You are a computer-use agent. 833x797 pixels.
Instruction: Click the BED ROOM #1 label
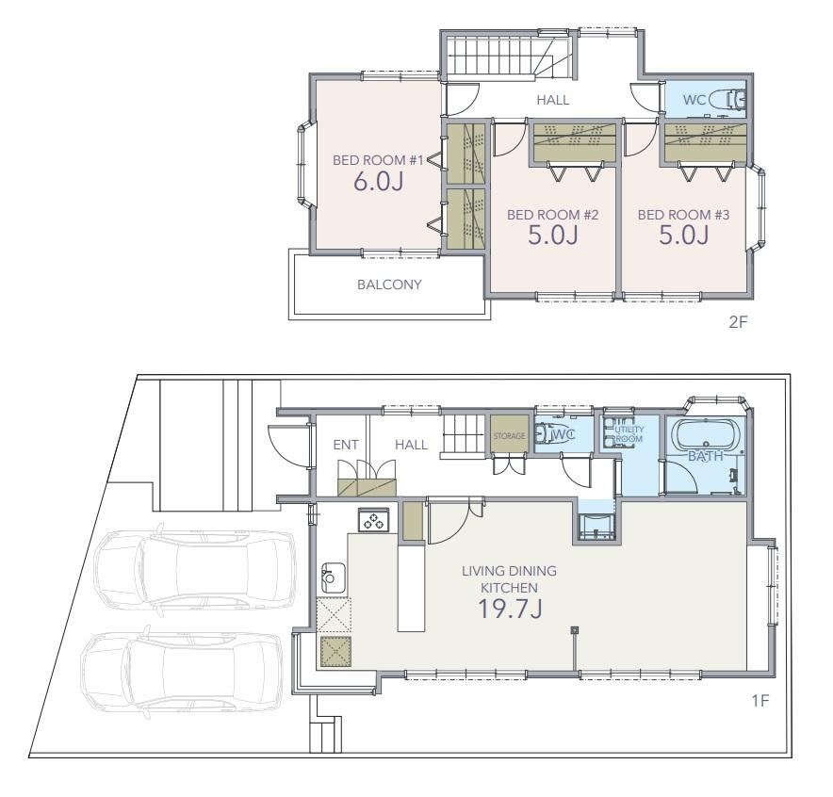pos(378,160)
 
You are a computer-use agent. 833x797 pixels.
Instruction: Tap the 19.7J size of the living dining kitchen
pos(510,609)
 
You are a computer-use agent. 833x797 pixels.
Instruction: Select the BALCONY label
pos(389,285)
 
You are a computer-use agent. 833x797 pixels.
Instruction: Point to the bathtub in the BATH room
pos(706,435)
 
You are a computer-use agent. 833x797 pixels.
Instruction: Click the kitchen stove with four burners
pos(373,520)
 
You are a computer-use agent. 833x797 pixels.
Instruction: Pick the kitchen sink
pos(333,577)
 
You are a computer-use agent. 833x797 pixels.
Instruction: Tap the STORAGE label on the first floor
pos(509,436)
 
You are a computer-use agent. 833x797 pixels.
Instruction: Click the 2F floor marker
pos(738,322)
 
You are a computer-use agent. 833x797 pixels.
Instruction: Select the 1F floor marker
pos(760,701)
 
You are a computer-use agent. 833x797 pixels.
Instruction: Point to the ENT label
pos(346,445)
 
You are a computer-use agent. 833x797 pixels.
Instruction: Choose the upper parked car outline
pos(194,571)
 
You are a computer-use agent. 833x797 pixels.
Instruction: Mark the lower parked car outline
pos(182,673)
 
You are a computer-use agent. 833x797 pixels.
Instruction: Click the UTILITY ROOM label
pos(629,433)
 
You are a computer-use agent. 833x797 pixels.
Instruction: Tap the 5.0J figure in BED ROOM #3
pos(684,235)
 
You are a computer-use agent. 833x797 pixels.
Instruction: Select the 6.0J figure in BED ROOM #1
pos(378,181)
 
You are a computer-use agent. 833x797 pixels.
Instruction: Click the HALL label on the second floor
pos(552,100)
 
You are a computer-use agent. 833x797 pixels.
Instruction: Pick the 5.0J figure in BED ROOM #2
pos(553,235)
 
